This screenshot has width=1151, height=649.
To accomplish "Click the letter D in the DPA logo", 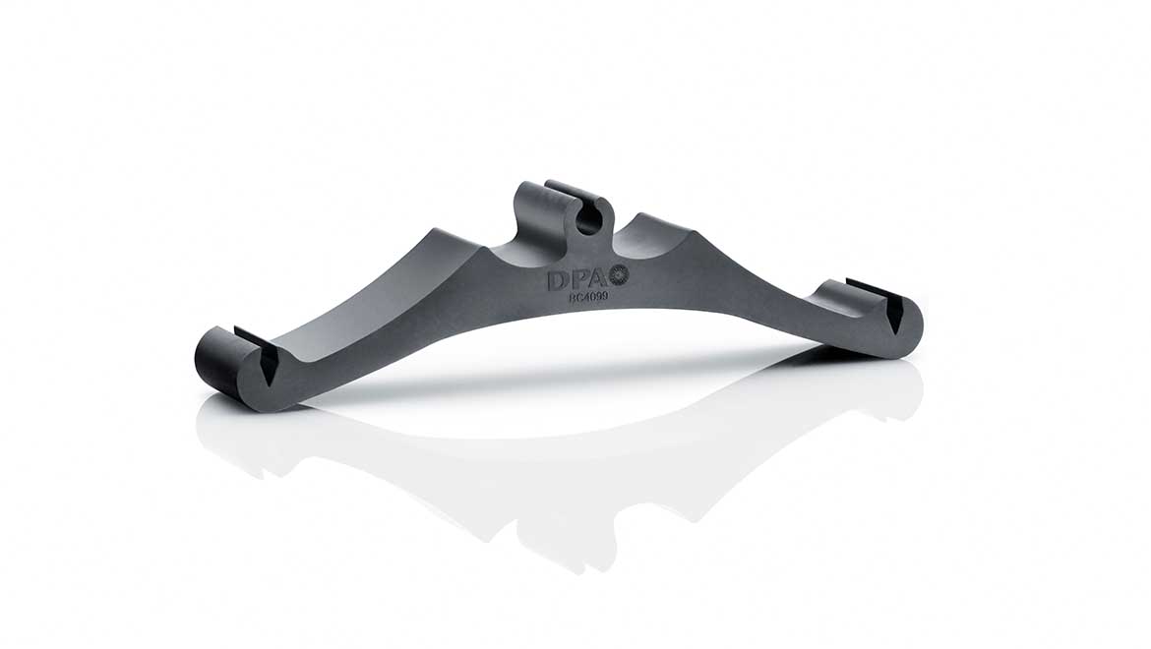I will coord(556,280).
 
